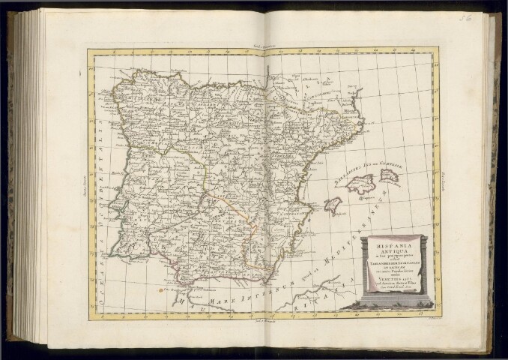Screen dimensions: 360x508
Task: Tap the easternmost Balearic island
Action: [388, 175]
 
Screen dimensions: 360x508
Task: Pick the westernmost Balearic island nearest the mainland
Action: [333, 205]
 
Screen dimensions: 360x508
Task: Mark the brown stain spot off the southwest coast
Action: [159, 287]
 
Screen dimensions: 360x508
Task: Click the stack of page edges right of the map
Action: [491, 180]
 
